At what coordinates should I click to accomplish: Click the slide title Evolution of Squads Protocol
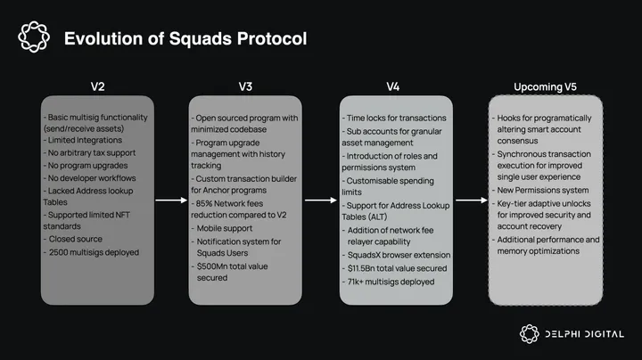[185, 38]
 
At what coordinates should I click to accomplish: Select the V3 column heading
[246, 86]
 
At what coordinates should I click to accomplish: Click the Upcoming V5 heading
[544, 86]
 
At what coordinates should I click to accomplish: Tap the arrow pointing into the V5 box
[470, 200]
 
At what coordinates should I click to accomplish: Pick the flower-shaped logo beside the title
[34, 37]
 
